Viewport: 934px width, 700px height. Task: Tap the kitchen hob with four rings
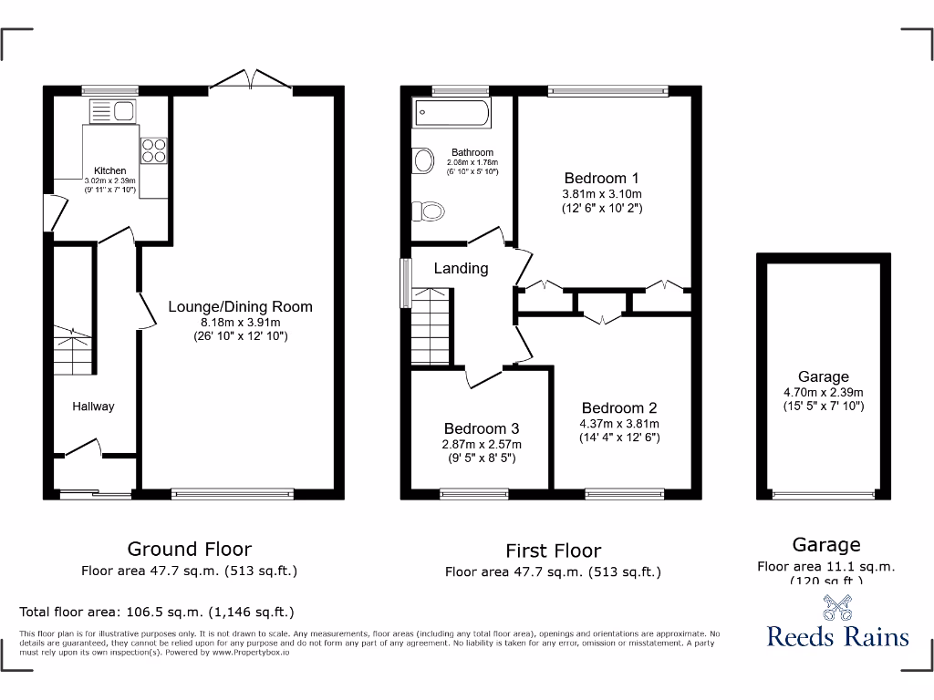coord(153,150)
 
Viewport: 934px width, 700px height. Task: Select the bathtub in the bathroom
coord(452,114)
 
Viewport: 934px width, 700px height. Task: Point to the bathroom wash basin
coord(423,161)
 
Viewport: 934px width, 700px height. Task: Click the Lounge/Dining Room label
coord(240,306)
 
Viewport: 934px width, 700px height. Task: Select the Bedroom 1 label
coord(601,178)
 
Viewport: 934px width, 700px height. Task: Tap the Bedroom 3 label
coord(482,428)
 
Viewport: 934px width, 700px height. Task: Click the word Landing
coord(461,268)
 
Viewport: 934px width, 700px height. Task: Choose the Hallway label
coord(93,407)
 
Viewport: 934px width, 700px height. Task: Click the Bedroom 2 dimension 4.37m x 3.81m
coord(619,423)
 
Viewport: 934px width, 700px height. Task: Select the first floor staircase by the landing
coord(431,326)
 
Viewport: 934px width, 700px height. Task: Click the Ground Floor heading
coord(189,549)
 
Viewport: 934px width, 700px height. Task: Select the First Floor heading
coord(553,551)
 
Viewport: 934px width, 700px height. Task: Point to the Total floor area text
coord(157,612)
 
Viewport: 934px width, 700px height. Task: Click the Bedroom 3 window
coord(473,494)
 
